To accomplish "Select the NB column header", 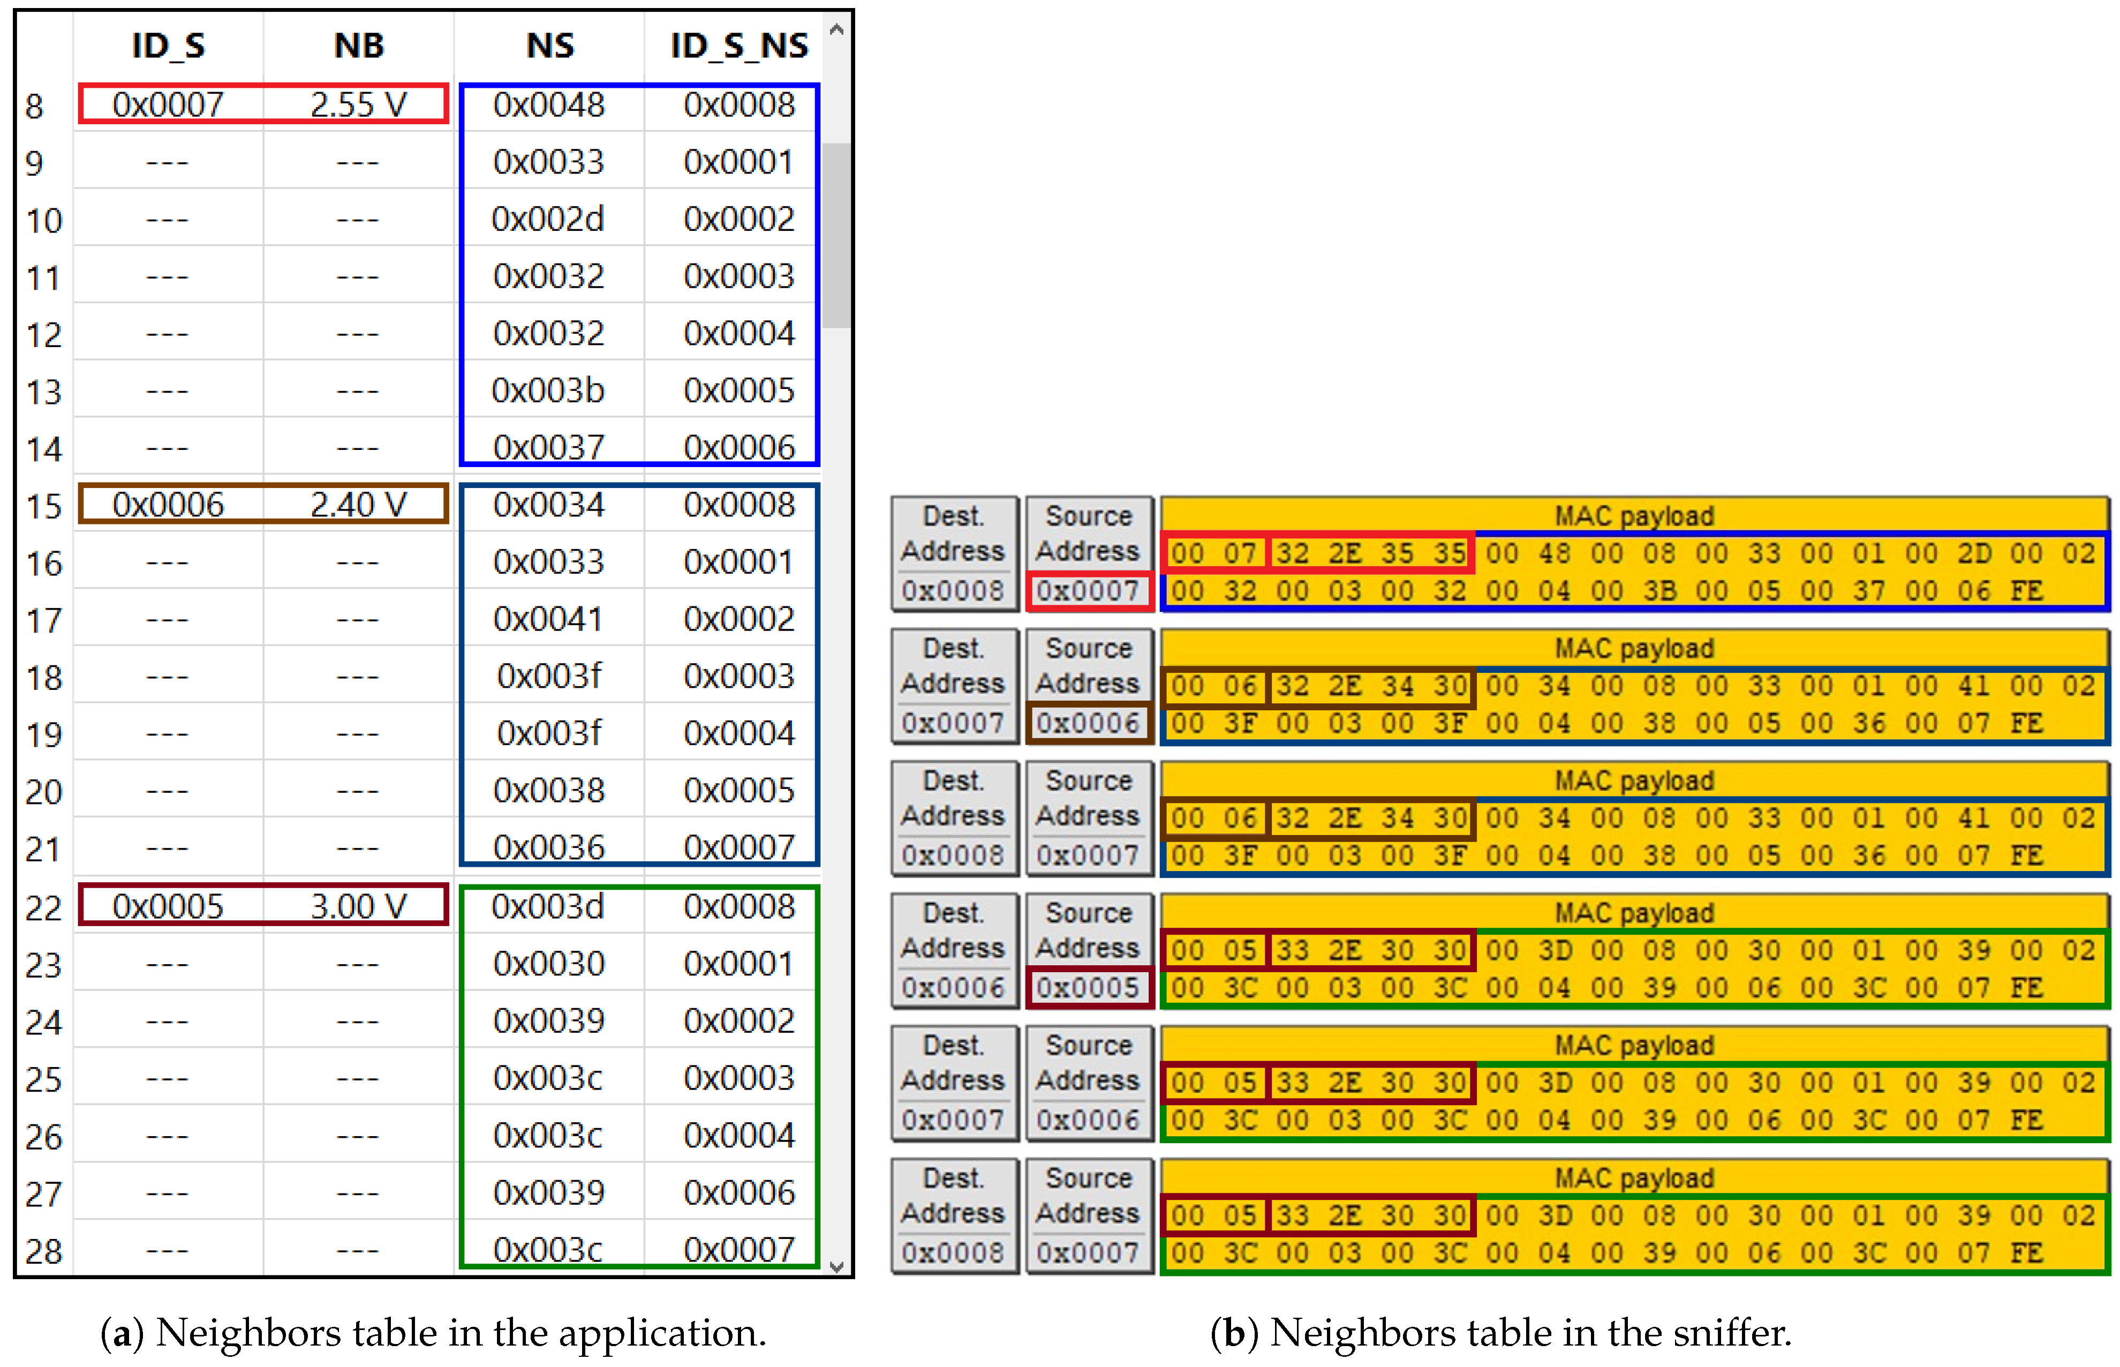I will [359, 46].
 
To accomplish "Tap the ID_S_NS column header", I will [738, 46].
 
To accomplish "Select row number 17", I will [43, 620].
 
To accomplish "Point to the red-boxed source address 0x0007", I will [1088, 590].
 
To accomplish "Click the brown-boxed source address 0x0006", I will [1088, 723].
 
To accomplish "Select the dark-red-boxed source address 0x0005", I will [1088, 987].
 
